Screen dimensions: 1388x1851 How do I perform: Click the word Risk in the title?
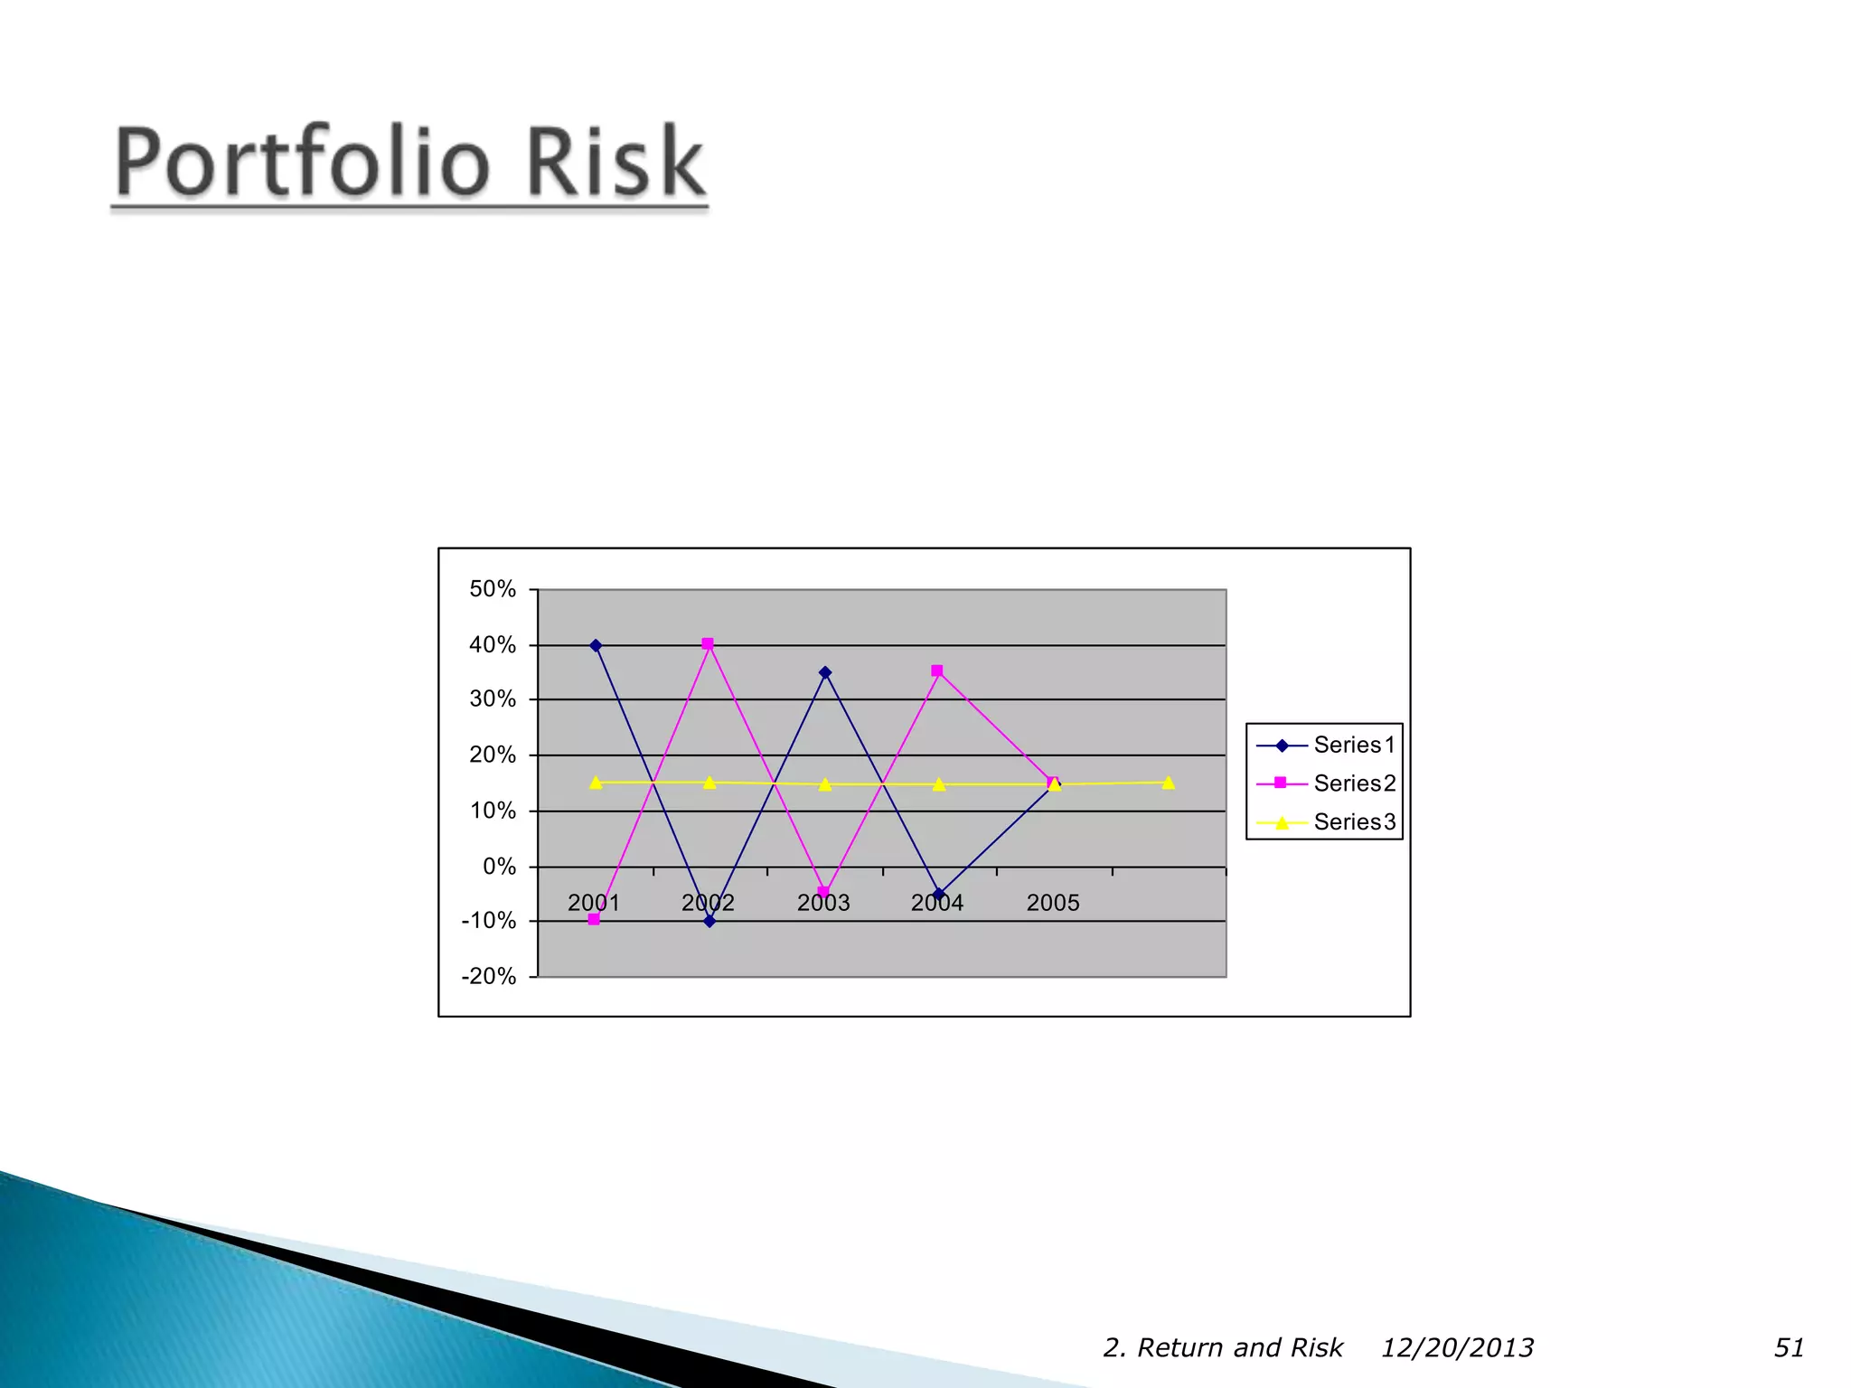coord(615,163)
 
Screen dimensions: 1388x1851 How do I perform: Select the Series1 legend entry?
coord(1354,745)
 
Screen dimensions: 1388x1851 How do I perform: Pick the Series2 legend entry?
coord(1354,783)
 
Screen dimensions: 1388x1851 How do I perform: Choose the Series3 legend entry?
coord(1354,821)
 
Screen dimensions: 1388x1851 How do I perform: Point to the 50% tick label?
coord(493,589)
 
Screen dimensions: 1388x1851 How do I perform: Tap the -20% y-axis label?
coord(489,976)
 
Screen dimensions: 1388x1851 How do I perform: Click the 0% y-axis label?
coord(499,867)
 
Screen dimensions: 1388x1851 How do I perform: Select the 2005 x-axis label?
coord(1053,903)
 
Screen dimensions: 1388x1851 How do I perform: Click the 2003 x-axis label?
coord(823,903)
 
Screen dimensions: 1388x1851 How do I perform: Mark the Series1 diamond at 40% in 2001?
coord(596,646)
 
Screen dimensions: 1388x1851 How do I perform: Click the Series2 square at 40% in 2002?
coord(708,644)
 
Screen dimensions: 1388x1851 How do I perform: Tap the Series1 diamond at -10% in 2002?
coord(709,921)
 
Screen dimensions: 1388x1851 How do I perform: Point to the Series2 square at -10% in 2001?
coord(594,919)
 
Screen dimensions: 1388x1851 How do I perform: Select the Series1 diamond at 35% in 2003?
coord(825,672)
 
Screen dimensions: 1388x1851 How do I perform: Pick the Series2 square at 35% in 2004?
coord(937,671)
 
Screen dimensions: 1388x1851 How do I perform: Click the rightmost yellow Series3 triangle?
coord(1169,783)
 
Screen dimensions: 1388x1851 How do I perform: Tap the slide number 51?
coord(1789,1347)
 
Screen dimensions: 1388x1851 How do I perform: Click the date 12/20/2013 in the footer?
coord(1457,1347)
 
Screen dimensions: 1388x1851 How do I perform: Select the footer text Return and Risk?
coord(1239,1347)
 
